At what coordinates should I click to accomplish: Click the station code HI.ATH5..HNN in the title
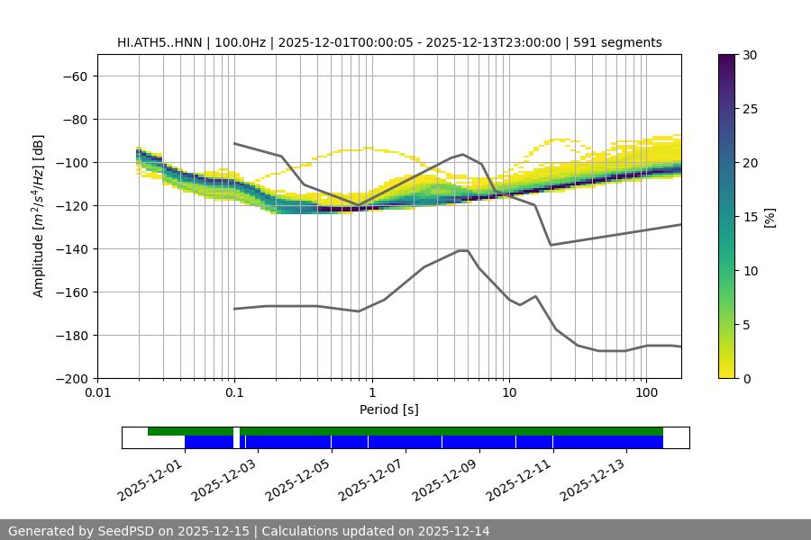point(159,42)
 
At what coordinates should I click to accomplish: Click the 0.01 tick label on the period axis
point(97,393)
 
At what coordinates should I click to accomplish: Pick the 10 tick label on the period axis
point(508,393)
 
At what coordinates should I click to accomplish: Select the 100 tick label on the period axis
point(646,393)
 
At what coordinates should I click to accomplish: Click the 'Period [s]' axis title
point(389,409)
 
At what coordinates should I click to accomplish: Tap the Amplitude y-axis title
point(39,216)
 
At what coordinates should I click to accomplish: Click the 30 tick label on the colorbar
point(750,55)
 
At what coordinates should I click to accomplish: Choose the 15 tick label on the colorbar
point(750,217)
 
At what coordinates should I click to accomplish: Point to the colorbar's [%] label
point(770,217)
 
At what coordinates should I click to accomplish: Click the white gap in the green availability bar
point(236,432)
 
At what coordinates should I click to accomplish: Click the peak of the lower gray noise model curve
point(463,250)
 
